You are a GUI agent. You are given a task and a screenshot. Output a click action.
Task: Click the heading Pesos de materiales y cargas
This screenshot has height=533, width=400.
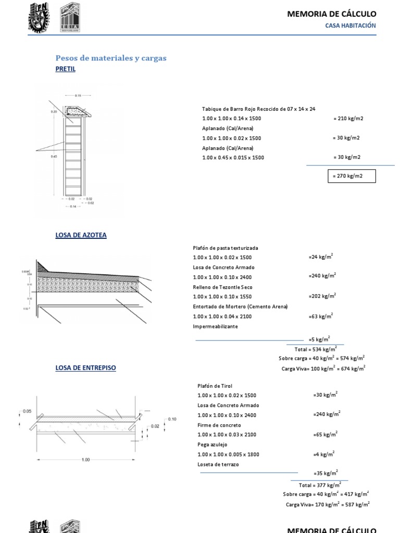(x=111, y=58)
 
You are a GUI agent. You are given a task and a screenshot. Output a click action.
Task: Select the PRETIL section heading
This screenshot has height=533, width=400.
(x=65, y=69)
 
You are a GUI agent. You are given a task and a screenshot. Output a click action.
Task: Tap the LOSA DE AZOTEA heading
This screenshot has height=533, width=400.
(x=81, y=235)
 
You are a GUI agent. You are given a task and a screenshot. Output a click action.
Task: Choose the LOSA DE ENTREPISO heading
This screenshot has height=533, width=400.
(x=85, y=368)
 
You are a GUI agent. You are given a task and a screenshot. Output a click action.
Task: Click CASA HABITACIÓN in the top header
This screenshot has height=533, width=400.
(x=350, y=26)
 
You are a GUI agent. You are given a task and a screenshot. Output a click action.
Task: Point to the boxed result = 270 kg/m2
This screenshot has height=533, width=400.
(x=351, y=176)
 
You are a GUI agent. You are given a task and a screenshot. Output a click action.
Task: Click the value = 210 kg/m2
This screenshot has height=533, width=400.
(x=348, y=119)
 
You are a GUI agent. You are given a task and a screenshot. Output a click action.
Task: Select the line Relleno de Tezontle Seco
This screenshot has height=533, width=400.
(x=223, y=287)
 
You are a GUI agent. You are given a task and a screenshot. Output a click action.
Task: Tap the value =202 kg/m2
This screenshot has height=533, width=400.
(x=322, y=296)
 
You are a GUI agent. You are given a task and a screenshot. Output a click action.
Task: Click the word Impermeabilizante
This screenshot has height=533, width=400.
(x=215, y=326)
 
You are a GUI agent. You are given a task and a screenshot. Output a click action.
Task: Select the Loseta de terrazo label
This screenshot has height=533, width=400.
(x=218, y=464)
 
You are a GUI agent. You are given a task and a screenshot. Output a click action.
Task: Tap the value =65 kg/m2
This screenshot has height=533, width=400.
(x=325, y=434)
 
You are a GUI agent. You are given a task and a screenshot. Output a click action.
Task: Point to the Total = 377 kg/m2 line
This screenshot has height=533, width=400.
(x=320, y=485)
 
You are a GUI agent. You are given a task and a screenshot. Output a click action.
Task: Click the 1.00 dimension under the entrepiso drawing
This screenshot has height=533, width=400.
(x=86, y=460)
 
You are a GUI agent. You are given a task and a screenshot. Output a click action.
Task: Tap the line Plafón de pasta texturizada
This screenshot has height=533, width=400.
(x=225, y=248)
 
